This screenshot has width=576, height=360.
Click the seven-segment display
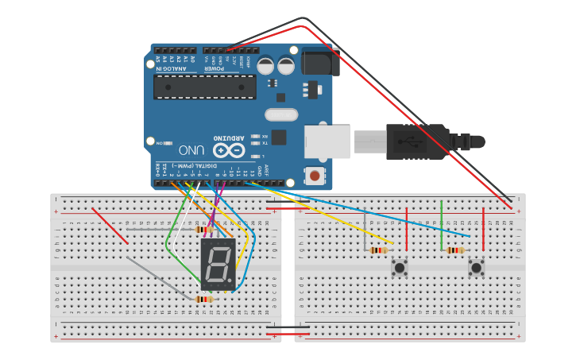(x=218, y=265)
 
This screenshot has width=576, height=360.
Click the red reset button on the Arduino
(x=315, y=175)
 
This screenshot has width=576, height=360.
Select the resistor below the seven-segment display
(x=204, y=300)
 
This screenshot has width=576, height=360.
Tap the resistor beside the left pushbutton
(x=379, y=250)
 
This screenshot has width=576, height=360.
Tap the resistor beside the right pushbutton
(x=455, y=250)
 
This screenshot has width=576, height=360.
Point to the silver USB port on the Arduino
(x=327, y=141)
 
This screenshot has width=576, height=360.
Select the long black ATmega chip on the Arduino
(x=205, y=87)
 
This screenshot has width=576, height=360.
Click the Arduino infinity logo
(x=228, y=149)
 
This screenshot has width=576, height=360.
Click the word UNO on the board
(x=192, y=149)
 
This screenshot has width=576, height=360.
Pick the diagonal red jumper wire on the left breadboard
(x=110, y=226)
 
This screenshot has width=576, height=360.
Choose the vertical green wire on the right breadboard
(x=442, y=226)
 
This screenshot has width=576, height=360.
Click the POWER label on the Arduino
(x=215, y=68)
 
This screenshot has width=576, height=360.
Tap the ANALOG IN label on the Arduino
(x=171, y=68)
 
